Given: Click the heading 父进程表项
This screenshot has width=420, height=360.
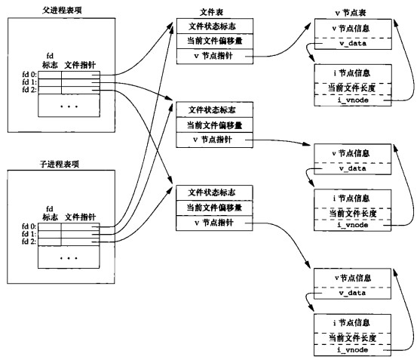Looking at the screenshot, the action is [x=62, y=10].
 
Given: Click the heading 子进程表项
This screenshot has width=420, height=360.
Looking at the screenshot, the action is [x=60, y=164].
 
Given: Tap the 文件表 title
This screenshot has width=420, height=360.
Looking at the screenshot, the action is [x=211, y=12].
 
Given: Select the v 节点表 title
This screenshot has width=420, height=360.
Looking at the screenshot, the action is [x=351, y=13].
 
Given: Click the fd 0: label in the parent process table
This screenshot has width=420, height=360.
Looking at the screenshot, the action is [x=29, y=74].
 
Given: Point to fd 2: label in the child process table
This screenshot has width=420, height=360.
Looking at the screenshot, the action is [x=29, y=242].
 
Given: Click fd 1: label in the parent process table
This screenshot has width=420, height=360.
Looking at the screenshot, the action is [x=29, y=82].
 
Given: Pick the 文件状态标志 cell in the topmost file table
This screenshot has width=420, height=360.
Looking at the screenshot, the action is [x=212, y=26].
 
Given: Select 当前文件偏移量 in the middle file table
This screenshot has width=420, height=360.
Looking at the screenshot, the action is [x=214, y=125].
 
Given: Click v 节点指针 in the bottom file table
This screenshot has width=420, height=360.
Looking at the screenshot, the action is [x=213, y=223].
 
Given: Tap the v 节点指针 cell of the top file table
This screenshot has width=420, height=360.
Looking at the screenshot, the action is [x=213, y=56].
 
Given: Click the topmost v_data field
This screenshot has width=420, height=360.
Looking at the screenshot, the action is [x=353, y=43].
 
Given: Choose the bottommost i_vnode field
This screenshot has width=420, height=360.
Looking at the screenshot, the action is [x=352, y=349].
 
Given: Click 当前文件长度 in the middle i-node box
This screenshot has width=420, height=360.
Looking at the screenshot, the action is [x=353, y=214].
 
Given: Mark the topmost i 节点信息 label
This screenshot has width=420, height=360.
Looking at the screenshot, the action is [x=351, y=73].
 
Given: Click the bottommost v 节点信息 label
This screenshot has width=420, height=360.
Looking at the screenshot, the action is [x=353, y=278].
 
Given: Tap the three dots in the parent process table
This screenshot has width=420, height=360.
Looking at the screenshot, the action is [x=69, y=106].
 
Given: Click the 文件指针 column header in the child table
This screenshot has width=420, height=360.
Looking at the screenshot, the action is [x=80, y=217].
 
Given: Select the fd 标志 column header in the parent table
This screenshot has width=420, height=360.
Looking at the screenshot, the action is [x=50, y=60].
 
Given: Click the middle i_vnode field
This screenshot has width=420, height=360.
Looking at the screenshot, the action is [x=352, y=225].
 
